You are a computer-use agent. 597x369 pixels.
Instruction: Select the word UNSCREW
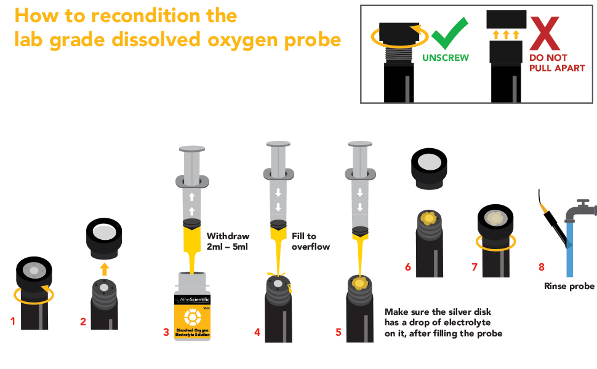445,58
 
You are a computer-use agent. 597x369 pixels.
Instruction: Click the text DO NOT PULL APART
556,63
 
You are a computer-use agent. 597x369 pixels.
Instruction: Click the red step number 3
166,332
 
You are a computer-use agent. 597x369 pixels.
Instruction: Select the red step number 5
338,332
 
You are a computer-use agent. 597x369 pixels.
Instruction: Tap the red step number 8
541,267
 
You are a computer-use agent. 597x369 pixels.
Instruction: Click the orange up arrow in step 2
104,268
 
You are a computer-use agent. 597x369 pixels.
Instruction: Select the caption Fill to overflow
310,241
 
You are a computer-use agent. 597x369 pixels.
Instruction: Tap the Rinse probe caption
569,286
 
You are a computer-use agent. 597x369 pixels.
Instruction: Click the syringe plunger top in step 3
191,149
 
